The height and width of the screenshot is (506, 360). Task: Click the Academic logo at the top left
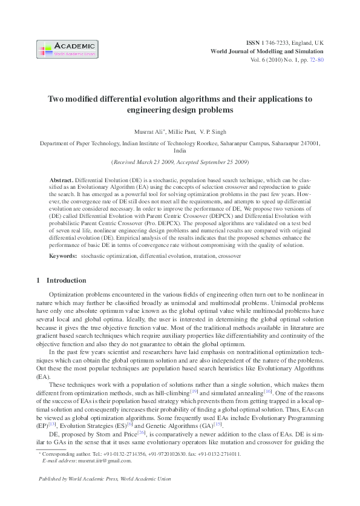tap(67, 49)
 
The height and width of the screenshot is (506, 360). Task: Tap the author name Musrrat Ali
tap(150, 131)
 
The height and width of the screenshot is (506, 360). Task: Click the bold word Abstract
tap(61, 181)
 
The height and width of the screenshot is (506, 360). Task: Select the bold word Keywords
tap(63, 257)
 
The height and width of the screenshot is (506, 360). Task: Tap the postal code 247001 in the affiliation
tap(307, 143)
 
